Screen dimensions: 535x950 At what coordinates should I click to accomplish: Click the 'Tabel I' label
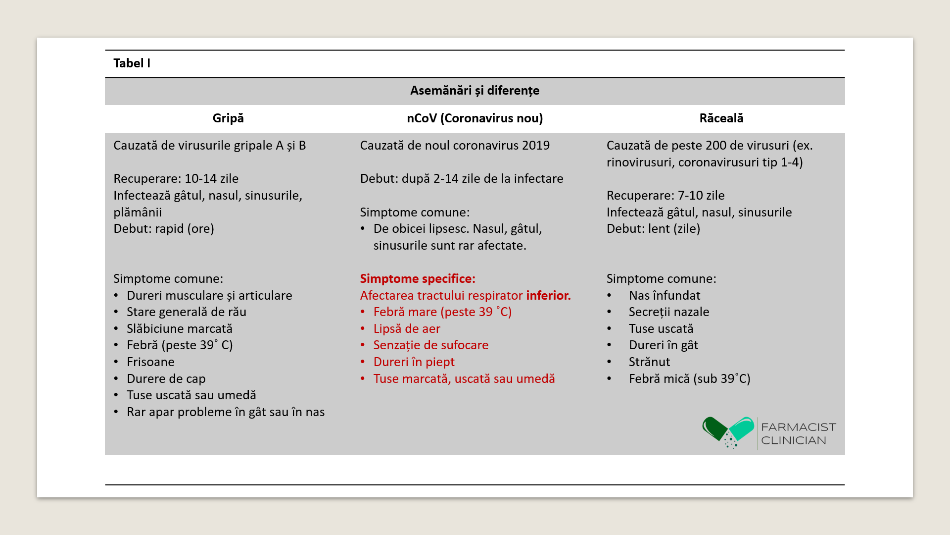tap(132, 63)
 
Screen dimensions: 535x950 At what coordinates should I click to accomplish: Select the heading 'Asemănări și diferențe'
tap(475, 91)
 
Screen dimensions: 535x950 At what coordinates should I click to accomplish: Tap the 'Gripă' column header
tap(228, 118)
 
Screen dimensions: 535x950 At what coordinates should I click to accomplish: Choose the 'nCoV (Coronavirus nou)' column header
tap(475, 118)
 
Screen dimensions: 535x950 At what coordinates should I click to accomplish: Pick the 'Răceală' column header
tap(721, 118)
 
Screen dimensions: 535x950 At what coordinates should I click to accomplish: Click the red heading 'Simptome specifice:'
tap(418, 279)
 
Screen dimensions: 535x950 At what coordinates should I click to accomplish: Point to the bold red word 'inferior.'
tap(548, 296)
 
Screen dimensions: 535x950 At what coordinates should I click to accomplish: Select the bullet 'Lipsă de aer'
tap(407, 329)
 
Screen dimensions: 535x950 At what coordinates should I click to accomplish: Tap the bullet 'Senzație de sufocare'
tap(430, 345)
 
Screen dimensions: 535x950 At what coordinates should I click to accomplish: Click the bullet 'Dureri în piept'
tap(414, 362)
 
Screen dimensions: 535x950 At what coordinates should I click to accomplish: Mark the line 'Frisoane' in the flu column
tap(150, 362)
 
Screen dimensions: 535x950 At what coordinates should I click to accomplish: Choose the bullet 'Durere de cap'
tap(166, 379)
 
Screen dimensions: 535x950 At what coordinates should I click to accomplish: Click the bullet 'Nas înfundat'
tap(664, 296)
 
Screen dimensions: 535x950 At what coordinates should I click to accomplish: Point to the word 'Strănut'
tap(649, 362)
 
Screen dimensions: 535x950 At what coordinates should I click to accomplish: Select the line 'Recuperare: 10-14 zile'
tap(176, 179)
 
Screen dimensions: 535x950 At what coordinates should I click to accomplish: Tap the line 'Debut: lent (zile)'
tap(653, 229)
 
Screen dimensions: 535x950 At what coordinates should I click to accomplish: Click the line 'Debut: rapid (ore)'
tap(164, 229)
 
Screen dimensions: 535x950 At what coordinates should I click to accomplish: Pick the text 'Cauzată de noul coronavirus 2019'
tap(455, 146)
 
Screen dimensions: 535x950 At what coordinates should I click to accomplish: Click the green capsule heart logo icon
tap(728, 431)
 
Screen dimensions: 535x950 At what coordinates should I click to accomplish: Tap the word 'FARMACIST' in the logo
tap(798, 427)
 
